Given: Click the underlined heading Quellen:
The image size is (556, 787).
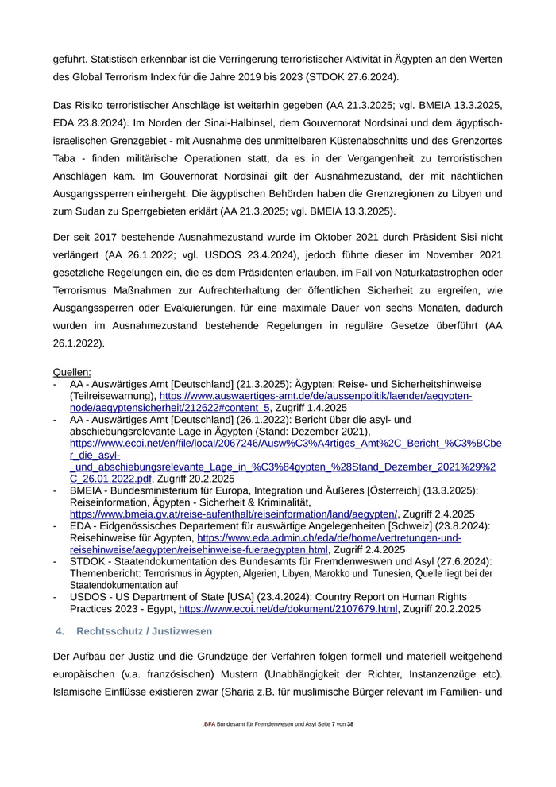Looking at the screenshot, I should tap(71, 372).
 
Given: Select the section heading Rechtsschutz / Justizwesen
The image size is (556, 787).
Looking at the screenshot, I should tap(144, 630).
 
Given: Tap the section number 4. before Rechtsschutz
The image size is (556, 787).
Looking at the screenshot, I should tap(60, 630).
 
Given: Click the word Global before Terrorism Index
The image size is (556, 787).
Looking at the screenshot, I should tap(92, 78).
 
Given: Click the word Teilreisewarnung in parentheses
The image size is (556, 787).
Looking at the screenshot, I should tap(111, 396).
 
